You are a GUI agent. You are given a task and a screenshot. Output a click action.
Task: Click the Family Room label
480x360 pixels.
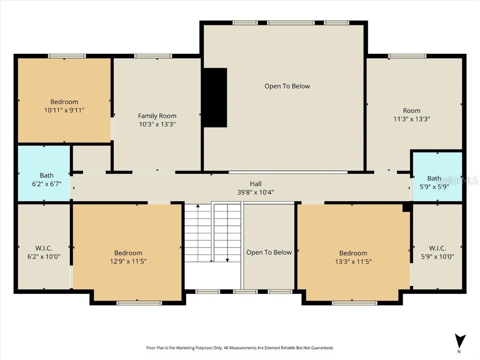click(x=157, y=116)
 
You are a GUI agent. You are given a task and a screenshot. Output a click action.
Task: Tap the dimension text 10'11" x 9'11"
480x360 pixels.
click(x=64, y=110)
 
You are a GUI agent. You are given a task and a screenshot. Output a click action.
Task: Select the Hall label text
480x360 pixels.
click(x=255, y=184)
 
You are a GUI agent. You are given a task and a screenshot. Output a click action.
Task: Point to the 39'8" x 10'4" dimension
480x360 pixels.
click(x=255, y=192)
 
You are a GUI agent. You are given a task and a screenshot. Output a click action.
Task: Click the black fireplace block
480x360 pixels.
click(x=215, y=97)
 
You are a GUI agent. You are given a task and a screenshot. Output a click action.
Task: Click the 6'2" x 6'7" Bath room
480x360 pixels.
click(x=44, y=173)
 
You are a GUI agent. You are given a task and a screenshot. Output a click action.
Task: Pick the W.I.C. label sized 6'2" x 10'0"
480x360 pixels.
click(x=44, y=248)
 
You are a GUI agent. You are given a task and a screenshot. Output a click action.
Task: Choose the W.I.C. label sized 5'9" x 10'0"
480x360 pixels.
click(x=437, y=248)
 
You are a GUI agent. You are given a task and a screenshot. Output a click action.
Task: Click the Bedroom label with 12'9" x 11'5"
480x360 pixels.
click(x=128, y=253)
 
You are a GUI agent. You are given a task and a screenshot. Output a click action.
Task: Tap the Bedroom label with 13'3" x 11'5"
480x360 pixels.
click(x=353, y=253)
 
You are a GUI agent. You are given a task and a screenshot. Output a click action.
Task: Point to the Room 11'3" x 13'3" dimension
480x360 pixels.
click(x=412, y=119)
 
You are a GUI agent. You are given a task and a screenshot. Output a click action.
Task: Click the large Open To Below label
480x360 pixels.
click(x=287, y=86)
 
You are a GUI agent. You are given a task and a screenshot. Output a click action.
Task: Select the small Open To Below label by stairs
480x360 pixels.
click(x=269, y=252)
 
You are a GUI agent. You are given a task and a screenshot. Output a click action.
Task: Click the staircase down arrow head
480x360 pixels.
click(x=227, y=259)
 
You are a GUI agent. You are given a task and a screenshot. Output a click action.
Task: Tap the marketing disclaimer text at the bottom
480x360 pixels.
click(x=240, y=348)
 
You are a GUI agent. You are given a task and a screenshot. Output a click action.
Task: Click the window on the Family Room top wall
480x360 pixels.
click(x=153, y=56)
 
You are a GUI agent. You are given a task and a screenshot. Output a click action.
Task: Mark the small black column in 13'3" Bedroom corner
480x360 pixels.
click(x=406, y=208)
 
